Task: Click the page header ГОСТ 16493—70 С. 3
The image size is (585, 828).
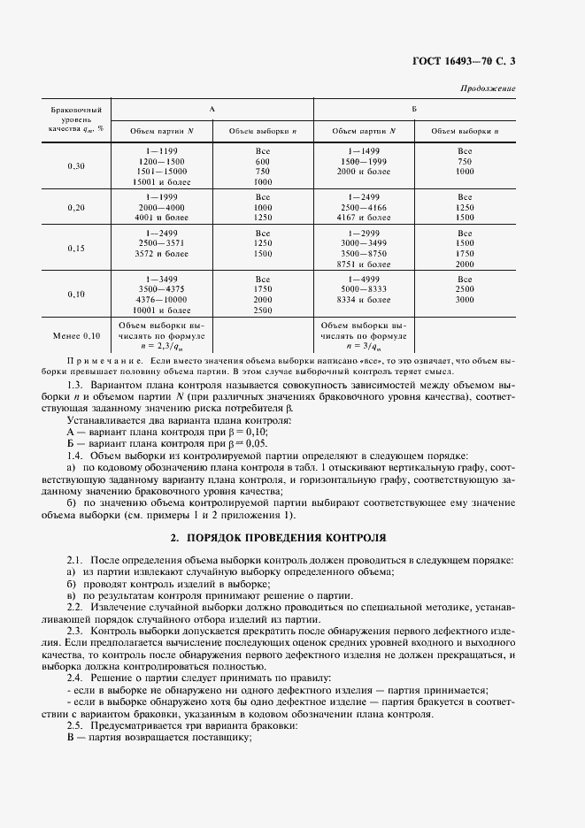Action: [x=463, y=61]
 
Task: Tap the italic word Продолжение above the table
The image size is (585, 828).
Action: [x=489, y=88]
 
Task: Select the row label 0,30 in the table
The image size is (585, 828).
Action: [x=77, y=166]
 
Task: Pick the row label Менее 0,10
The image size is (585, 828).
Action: [x=77, y=336]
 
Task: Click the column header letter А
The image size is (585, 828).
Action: [x=212, y=108]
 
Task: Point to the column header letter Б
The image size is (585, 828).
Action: [x=414, y=108]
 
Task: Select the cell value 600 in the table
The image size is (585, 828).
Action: [x=262, y=162]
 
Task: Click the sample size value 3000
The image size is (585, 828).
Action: [x=466, y=300]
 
